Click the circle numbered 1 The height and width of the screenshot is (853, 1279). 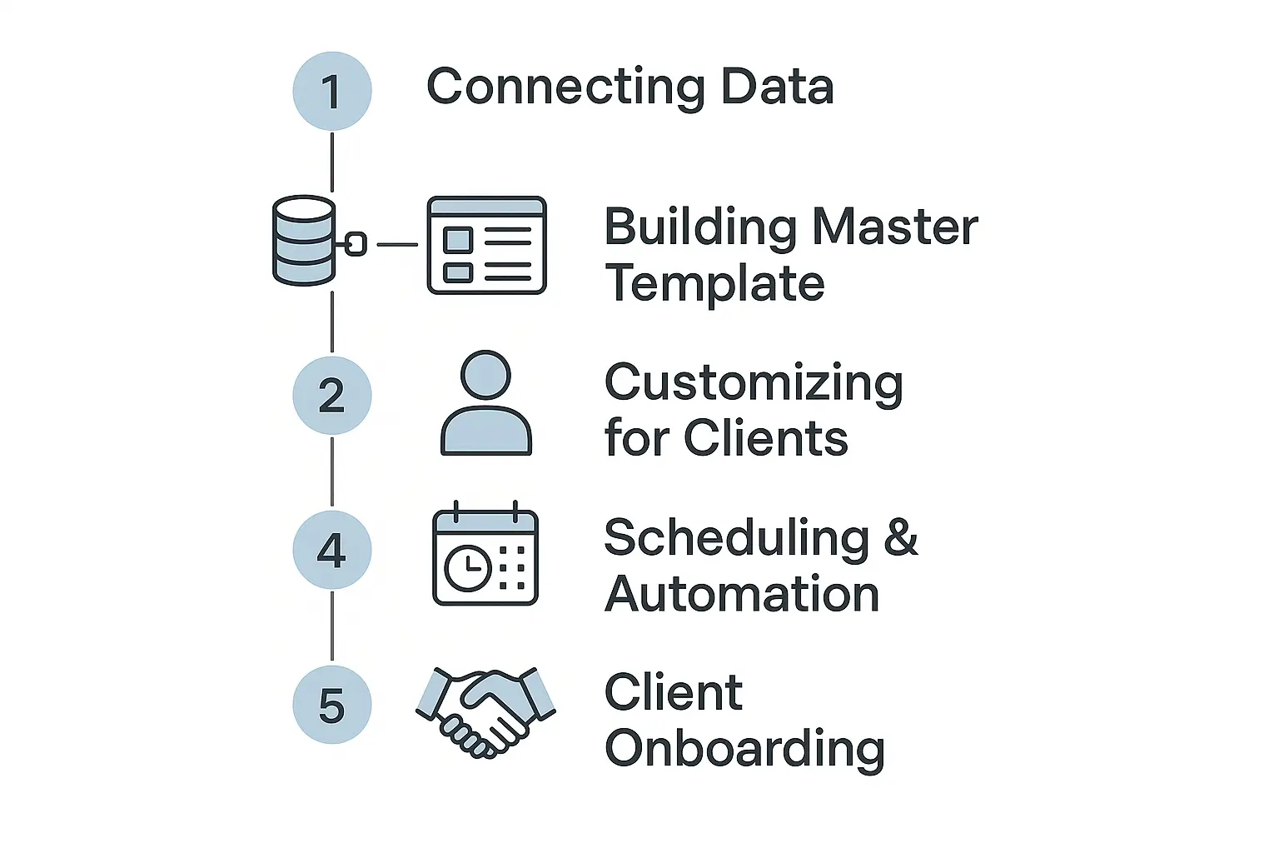331,91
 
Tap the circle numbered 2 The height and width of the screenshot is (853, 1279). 331,396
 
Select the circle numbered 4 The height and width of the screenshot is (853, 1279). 331,551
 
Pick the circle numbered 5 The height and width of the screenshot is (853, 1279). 331,705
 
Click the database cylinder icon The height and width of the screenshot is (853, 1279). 304,241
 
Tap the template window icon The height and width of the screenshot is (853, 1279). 486,245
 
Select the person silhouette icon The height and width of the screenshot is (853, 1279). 485,404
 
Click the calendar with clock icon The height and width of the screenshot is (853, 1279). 485,556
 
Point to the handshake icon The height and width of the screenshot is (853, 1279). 486,711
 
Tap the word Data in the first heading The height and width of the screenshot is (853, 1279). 777,87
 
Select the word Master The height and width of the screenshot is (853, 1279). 895,227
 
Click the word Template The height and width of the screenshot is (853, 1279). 714,283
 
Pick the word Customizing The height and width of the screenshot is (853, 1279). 754,384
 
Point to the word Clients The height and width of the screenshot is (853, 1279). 765,438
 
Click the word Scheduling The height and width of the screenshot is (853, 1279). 736,538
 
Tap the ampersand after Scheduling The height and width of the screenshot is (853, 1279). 901,538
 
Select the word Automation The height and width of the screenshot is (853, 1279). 742,594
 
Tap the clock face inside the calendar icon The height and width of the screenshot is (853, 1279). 467,568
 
